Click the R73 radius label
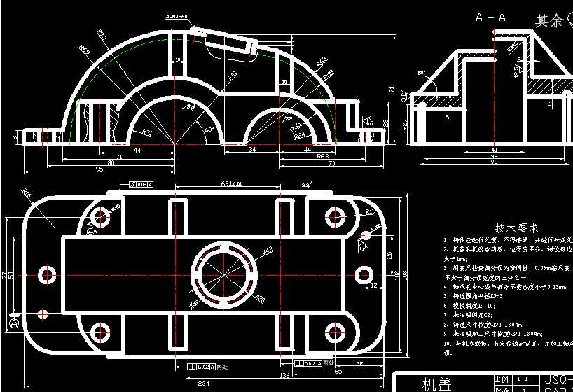tap(102, 34)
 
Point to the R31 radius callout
tap(147, 131)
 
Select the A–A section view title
tap(490, 16)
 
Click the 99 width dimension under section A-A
tap(494, 162)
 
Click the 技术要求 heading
tap(517, 228)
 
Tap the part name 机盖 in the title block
tap(437, 384)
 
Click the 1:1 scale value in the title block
tap(523, 378)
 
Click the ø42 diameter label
tap(268, 249)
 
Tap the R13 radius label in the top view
tap(371, 211)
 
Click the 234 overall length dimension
tap(203, 384)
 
